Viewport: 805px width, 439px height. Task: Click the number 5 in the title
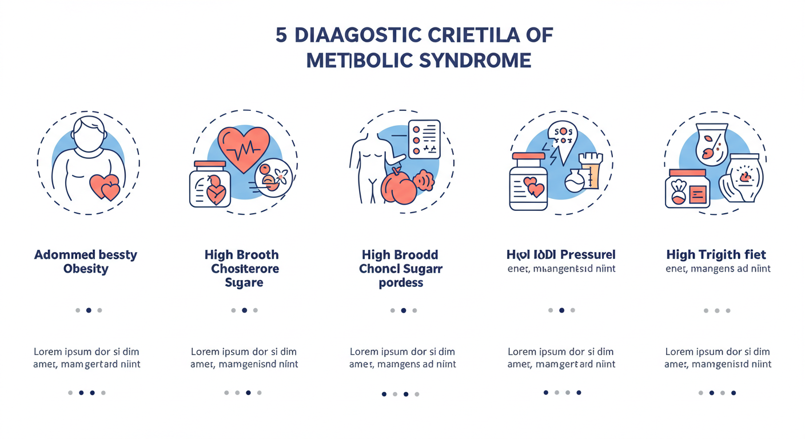(x=281, y=35)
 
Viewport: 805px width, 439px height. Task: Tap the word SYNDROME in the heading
(x=475, y=60)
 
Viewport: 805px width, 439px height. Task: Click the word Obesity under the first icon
(x=86, y=269)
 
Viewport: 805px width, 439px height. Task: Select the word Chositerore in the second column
(x=244, y=269)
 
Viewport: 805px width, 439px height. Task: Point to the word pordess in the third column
(x=401, y=283)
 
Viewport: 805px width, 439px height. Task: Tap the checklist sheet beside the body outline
(x=424, y=138)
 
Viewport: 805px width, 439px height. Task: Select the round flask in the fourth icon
(x=574, y=182)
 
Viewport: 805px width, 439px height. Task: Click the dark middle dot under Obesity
(x=89, y=310)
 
